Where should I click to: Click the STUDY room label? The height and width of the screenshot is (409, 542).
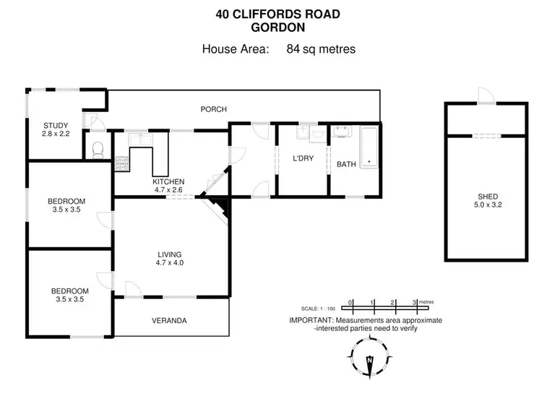tap(56, 126)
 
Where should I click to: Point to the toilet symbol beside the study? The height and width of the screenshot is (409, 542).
tap(98, 149)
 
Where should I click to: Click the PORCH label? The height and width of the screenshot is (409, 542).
tap(213, 110)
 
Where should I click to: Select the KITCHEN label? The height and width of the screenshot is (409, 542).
tap(168, 181)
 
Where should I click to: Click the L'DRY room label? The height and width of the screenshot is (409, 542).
tap(302, 159)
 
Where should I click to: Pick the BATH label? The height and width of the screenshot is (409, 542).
tap(346, 164)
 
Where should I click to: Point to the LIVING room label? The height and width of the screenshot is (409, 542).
tap(170, 254)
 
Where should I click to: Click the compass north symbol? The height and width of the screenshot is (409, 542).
tap(370, 358)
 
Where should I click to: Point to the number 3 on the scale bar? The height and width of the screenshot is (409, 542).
tap(414, 302)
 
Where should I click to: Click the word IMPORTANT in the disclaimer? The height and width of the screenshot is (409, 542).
tap(311, 319)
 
